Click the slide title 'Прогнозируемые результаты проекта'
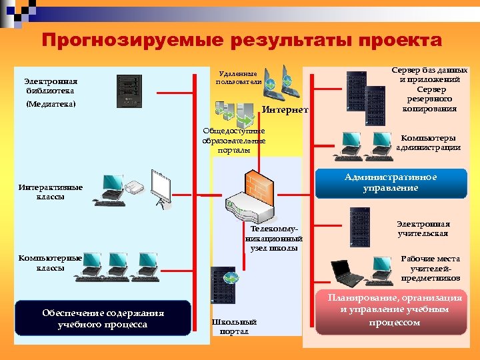point(241,41)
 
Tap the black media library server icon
point(129,91)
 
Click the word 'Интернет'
point(285,109)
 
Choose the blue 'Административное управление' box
point(391,183)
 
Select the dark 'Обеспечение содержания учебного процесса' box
point(103,319)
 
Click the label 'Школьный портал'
point(234,327)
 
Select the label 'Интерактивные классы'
point(51,192)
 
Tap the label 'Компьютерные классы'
point(51,263)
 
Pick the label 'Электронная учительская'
point(423,229)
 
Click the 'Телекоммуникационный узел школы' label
point(275,238)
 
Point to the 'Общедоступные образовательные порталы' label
point(234,141)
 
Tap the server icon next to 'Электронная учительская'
point(359,227)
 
